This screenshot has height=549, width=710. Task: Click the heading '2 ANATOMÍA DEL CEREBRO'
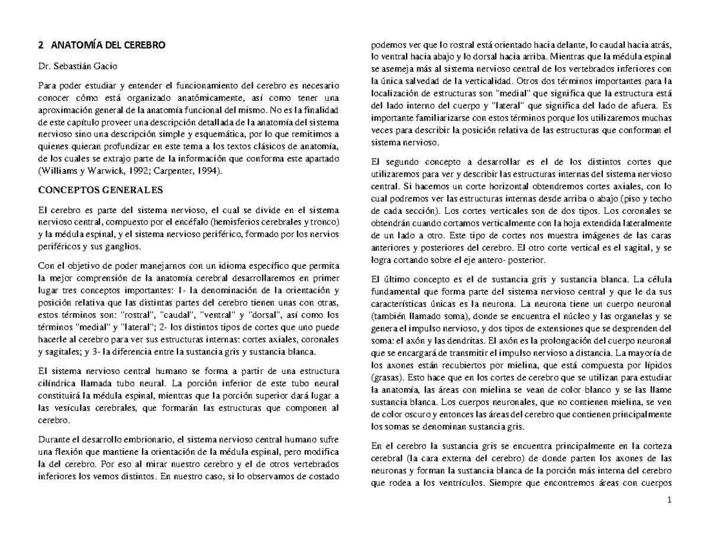101,45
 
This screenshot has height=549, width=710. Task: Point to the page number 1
670,500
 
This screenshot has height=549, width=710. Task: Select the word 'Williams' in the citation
60,171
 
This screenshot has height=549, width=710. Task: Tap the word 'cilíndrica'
57,382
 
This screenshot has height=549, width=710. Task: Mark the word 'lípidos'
659,365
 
